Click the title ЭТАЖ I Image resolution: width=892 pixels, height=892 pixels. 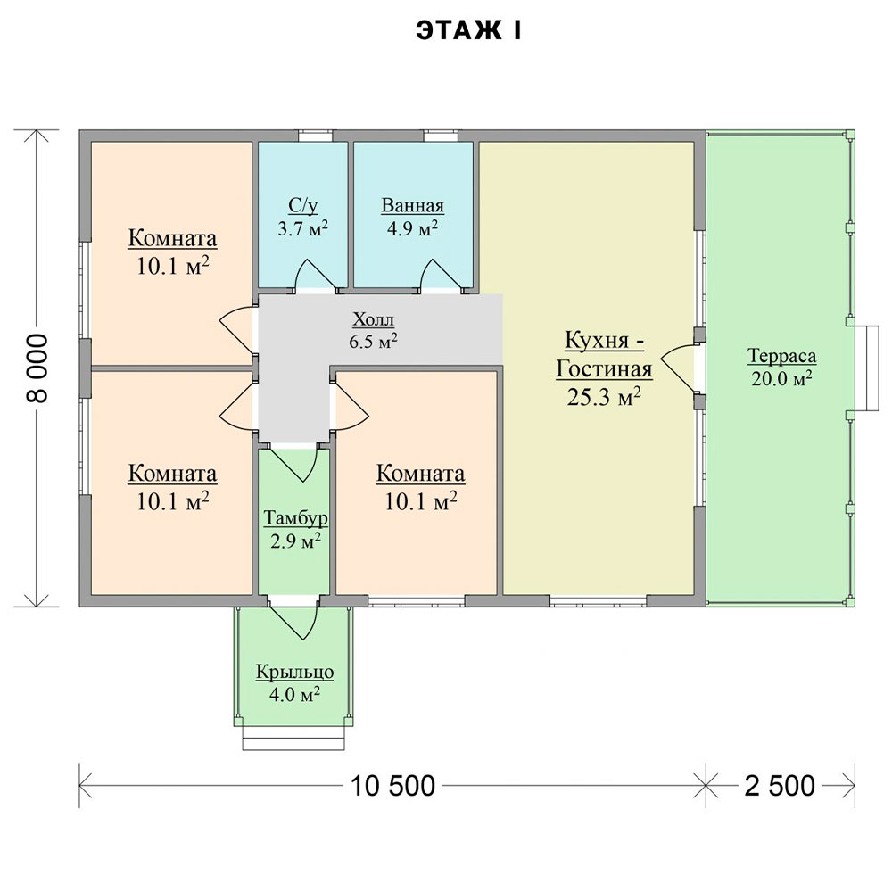coord(469,31)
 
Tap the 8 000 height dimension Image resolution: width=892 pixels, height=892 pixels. coord(37,368)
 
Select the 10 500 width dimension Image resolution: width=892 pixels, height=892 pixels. coord(392,786)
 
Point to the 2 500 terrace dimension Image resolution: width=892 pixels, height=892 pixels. coord(780,786)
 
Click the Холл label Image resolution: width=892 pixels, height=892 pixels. coord(373,319)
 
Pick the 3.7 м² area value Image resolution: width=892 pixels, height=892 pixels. coord(302,228)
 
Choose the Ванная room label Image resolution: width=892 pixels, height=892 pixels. coord(412,205)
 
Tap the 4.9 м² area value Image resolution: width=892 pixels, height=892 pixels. coord(412,228)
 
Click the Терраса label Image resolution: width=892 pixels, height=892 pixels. coord(781,356)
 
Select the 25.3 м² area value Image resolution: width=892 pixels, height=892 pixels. coord(604,397)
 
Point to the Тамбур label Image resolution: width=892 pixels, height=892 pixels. coord(295,518)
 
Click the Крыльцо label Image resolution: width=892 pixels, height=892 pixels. coord(294,672)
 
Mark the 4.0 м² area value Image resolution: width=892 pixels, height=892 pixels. coord(294,694)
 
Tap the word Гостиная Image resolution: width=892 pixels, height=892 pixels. coord(604,368)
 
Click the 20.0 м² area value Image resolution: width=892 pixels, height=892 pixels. coord(781,377)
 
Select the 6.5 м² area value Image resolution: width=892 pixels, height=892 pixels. coord(373,342)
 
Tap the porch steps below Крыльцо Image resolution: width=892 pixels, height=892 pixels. coord(293,738)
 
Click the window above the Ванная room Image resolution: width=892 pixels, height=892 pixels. coord(441,136)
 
